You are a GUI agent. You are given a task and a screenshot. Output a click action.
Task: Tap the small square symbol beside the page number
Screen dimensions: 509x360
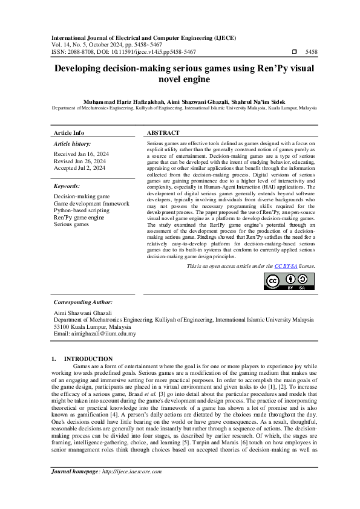[x=294, y=53]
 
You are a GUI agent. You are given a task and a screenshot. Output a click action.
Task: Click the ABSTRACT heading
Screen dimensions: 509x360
[x=163, y=133]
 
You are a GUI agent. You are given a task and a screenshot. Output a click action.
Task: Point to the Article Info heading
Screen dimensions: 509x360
[x=69, y=133]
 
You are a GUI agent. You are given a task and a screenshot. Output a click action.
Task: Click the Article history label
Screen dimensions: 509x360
[x=71, y=144]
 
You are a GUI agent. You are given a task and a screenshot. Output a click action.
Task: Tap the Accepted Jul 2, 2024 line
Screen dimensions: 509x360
[x=79, y=168]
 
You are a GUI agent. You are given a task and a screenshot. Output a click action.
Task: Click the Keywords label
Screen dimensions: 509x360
[x=67, y=186]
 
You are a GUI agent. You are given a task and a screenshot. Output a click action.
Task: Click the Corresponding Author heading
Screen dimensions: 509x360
[x=83, y=302]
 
